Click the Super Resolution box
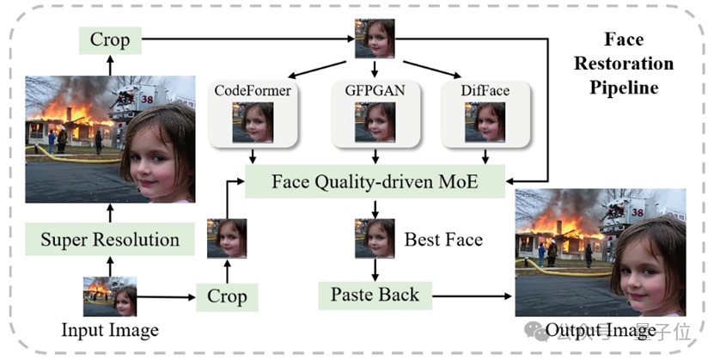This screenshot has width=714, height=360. [x=110, y=239]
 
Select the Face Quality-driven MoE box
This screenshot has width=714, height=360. [x=374, y=181]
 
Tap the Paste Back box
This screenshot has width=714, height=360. [x=375, y=295]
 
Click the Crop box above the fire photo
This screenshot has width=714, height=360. [x=110, y=39]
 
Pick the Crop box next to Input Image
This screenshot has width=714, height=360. [x=227, y=297]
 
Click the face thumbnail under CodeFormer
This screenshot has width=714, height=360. [x=253, y=122]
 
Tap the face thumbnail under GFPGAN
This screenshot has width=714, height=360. [x=375, y=122]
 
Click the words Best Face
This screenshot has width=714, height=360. [x=443, y=239]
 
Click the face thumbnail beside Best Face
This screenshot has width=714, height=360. [x=375, y=239]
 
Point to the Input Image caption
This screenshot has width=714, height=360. [x=110, y=330]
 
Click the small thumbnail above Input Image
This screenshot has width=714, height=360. [x=110, y=296]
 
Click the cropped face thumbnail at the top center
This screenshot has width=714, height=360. [x=375, y=38]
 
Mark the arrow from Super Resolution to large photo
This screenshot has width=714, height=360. [x=110, y=212]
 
